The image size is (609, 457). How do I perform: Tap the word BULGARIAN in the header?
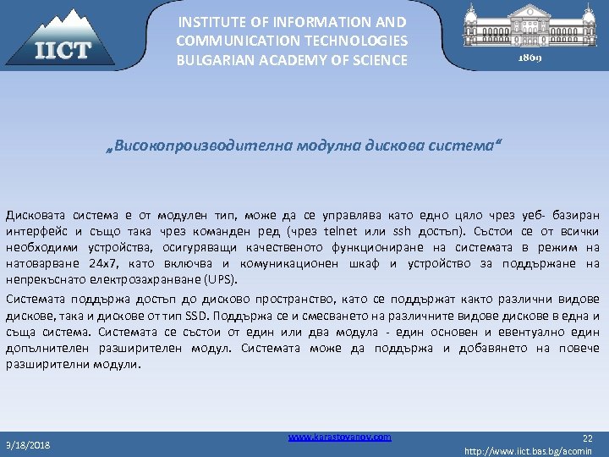(211, 60)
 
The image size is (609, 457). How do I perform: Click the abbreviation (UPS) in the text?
(222, 279)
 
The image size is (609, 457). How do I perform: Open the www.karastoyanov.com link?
(339, 437)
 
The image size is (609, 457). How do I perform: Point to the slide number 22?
(588, 438)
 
